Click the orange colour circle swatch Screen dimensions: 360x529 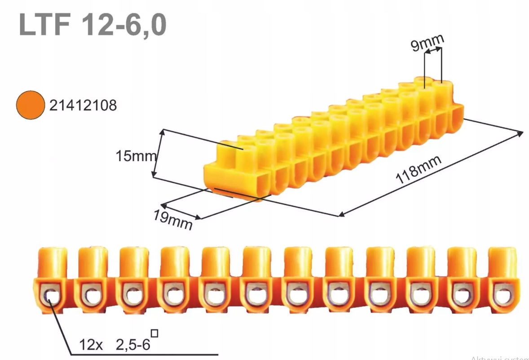click(x=30, y=105)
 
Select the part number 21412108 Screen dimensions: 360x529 click(x=83, y=106)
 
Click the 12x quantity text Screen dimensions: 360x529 click(x=91, y=345)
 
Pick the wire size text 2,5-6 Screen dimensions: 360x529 click(x=132, y=345)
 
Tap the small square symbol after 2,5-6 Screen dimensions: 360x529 click(x=154, y=333)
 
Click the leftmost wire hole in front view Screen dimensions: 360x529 click(x=50, y=297)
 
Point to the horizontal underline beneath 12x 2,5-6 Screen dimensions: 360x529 click(x=144, y=354)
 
